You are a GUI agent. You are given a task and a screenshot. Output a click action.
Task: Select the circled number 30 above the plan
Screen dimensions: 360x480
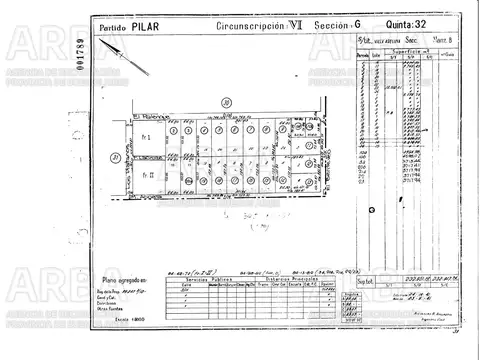click(227, 101)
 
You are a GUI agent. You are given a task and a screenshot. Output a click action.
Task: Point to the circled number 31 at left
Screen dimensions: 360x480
click(116, 157)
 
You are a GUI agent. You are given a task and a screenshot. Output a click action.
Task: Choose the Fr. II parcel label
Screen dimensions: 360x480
click(147, 176)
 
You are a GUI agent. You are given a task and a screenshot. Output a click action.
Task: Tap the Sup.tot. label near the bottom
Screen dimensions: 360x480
click(365, 283)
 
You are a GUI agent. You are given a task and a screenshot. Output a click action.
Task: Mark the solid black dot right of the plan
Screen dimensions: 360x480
click(372, 209)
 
